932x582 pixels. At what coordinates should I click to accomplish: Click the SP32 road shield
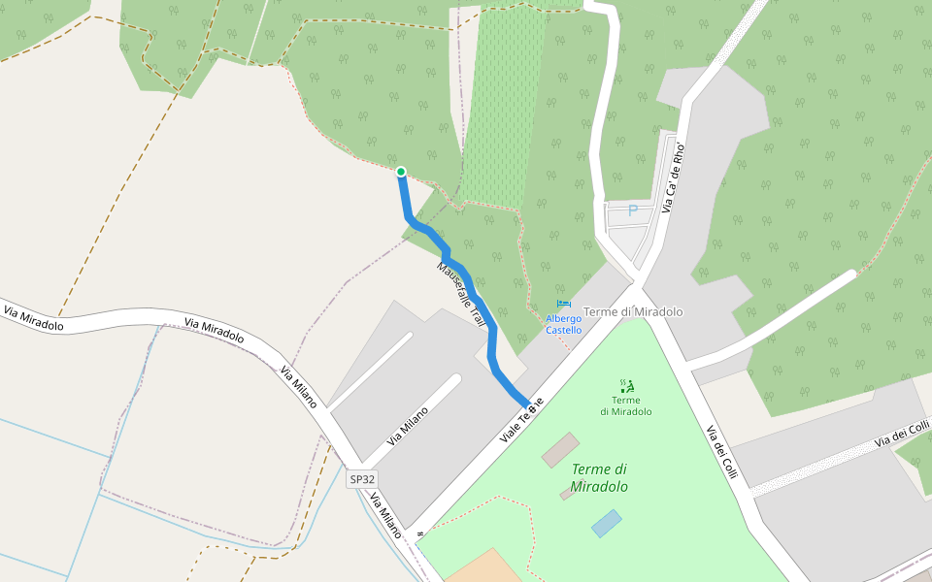tap(362, 479)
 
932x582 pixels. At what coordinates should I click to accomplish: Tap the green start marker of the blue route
tap(400, 173)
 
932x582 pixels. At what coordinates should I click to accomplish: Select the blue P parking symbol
tap(633, 210)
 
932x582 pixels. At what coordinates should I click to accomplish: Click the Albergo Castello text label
tap(563, 324)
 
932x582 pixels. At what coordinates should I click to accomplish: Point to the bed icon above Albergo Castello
tap(563, 305)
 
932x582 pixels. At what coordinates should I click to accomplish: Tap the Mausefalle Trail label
tap(460, 293)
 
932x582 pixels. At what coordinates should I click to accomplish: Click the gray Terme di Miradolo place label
tap(634, 312)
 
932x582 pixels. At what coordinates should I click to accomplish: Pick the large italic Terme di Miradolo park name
tap(599, 478)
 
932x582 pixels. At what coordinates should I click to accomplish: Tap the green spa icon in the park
tap(626, 385)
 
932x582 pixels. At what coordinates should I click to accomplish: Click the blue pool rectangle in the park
tap(607, 524)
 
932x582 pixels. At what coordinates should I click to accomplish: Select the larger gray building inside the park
tap(560, 450)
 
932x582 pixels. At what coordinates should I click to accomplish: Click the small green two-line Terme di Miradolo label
tap(626, 405)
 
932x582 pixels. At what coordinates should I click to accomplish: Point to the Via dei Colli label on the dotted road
tap(902, 434)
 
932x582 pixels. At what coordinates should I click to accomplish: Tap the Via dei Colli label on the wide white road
tap(721, 450)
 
